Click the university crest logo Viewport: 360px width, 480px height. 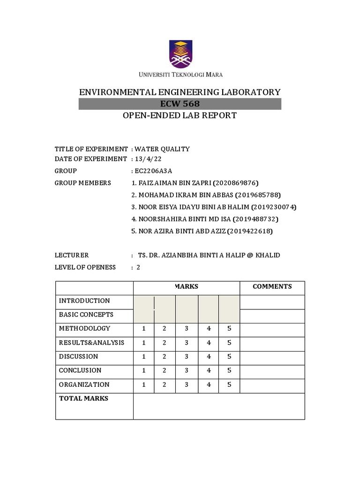(x=180, y=54)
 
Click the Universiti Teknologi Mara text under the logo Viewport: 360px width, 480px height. (x=180, y=75)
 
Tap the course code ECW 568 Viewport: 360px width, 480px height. (x=180, y=104)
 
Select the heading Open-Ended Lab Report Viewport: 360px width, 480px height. (x=180, y=115)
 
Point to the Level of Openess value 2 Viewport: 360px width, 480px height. (x=138, y=268)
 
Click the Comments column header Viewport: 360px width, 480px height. (x=272, y=287)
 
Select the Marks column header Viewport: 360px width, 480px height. (x=187, y=287)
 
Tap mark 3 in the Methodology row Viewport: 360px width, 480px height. (x=187, y=329)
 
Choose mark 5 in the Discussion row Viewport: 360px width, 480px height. (x=229, y=357)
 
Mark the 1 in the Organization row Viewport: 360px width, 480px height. (x=144, y=385)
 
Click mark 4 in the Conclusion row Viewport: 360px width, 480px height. (x=209, y=371)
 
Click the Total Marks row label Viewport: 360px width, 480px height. (x=83, y=398)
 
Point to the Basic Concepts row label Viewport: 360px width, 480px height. (x=86, y=315)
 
